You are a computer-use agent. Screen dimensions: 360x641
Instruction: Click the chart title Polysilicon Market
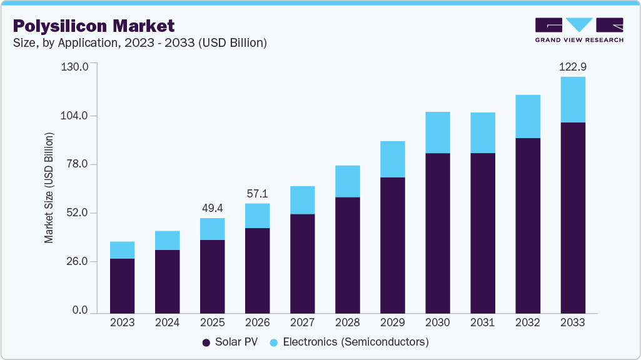(x=94, y=26)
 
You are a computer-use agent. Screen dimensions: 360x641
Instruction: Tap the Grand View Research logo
(x=579, y=30)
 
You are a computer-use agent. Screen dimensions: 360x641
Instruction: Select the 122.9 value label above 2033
(x=572, y=66)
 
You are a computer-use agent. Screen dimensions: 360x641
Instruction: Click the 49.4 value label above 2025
(x=212, y=207)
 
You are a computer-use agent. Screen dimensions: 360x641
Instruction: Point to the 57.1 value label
(x=257, y=193)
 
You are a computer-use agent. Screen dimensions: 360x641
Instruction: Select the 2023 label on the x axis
(x=122, y=322)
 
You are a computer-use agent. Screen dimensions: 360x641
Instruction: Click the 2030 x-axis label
(x=437, y=322)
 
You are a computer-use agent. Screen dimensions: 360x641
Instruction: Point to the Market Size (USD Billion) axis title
(x=49, y=187)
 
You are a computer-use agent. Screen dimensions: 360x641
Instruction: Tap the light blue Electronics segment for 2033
(x=572, y=99)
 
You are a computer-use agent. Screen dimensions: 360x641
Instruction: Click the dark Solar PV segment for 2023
(x=122, y=286)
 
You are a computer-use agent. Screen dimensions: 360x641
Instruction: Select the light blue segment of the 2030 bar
(x=437, y=132)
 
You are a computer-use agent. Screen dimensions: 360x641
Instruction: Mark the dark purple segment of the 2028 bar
(x=347, y=255)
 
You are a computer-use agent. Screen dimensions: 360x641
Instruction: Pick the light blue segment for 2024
(x=167, y=240)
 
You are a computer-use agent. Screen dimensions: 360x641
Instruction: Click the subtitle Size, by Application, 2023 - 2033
(x=140, y=43)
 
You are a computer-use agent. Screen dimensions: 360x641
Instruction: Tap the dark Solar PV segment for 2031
(x=482, y=232)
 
